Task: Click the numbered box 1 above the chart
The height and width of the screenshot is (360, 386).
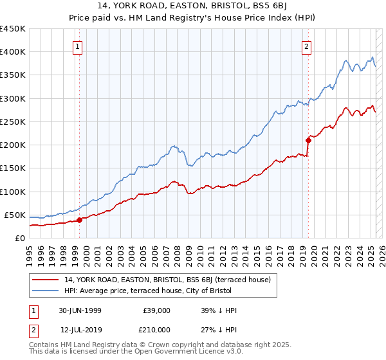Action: click(x=77, y=46)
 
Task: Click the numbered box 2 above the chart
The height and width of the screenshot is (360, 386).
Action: click(x=307, y=46)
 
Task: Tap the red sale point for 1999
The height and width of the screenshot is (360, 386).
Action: click(x=80, y=220)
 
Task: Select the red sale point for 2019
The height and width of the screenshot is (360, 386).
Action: click(x=309, y=140)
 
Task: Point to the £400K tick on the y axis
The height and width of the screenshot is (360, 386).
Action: click(x=13, y=52)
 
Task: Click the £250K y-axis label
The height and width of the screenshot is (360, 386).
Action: click(x=13, y=122)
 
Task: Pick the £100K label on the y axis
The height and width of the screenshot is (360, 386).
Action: click(x=13, y=192)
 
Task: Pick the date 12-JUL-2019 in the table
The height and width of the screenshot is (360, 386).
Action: click(x=80, y=328)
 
